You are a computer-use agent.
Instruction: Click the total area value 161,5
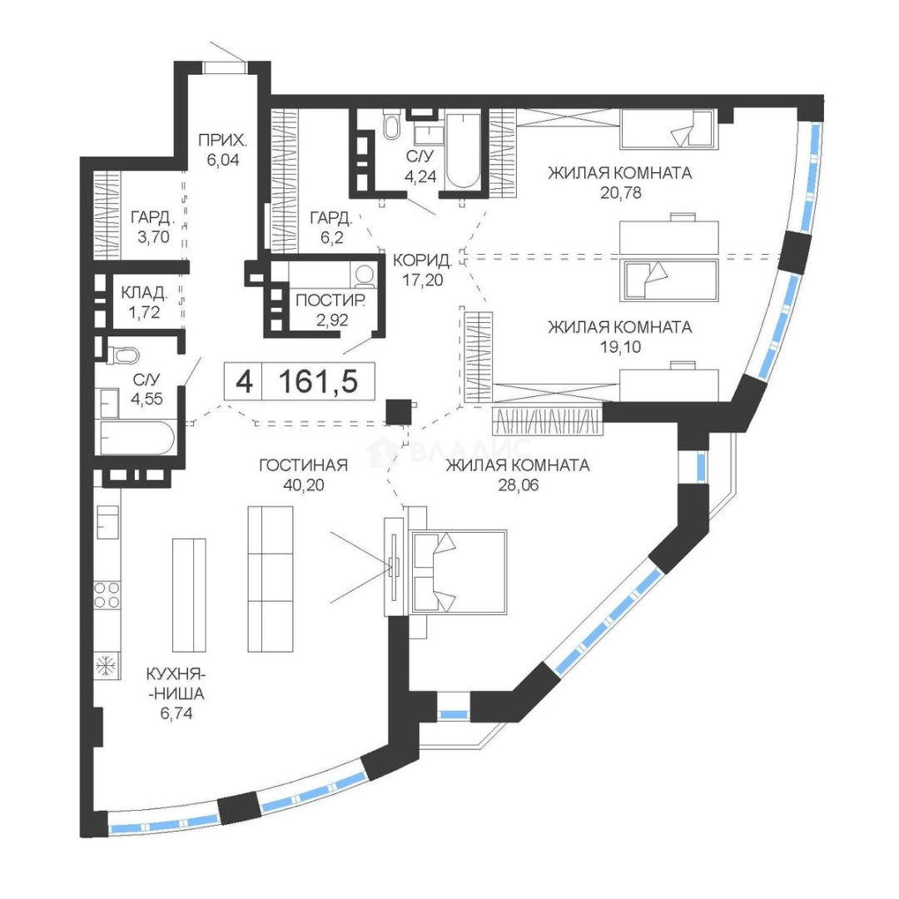(x=318, y=381)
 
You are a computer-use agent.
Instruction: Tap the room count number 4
(x=244, y=381)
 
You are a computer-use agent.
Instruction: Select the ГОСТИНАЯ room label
(x=303, y=465)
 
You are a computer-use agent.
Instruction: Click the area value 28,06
(x=519, y=485)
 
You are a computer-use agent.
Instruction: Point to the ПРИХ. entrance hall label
(x=223, y=139)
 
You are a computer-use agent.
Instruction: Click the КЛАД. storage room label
(x=144, y=294)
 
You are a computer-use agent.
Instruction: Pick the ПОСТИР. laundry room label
(x=330, y=300)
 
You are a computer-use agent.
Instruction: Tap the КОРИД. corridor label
(x=423, y=261)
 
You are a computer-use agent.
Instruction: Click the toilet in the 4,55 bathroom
(x=124, y=355)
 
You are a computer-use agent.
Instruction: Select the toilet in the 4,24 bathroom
(x=392, y=127)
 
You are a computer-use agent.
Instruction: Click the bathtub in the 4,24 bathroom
(x=462, y=151)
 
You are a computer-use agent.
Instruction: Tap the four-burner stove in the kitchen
(x=107, y=594)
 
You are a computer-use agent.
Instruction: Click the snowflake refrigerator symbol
(x=107, y=666)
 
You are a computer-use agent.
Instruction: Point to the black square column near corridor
(x=399, y=412)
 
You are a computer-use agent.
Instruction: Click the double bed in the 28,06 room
(x=458, y=572)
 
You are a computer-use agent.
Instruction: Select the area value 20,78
(x=621, y=192)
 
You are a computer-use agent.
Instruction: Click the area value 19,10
(x=620, y=347)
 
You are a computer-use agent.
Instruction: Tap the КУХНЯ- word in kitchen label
(x=176, y=673)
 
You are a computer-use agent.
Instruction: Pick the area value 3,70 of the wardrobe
(x=153, y=236)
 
